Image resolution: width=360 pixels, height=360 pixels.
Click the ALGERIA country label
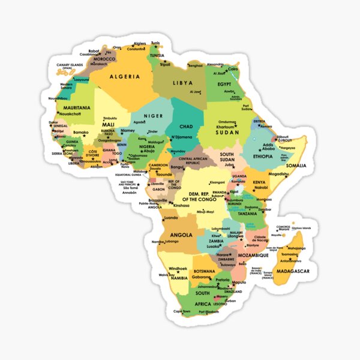[x=125, y=77]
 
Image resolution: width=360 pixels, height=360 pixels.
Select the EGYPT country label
[x=224, y=84]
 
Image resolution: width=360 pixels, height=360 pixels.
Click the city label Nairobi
[x=261, y=187]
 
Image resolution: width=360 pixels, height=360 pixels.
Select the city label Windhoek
[x=178, y=268]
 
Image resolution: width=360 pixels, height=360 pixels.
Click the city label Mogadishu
[x=279, y=174]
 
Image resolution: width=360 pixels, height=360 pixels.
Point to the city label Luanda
[x=171, y=218]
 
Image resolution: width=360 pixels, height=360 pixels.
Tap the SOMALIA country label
[x=296, y=165]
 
